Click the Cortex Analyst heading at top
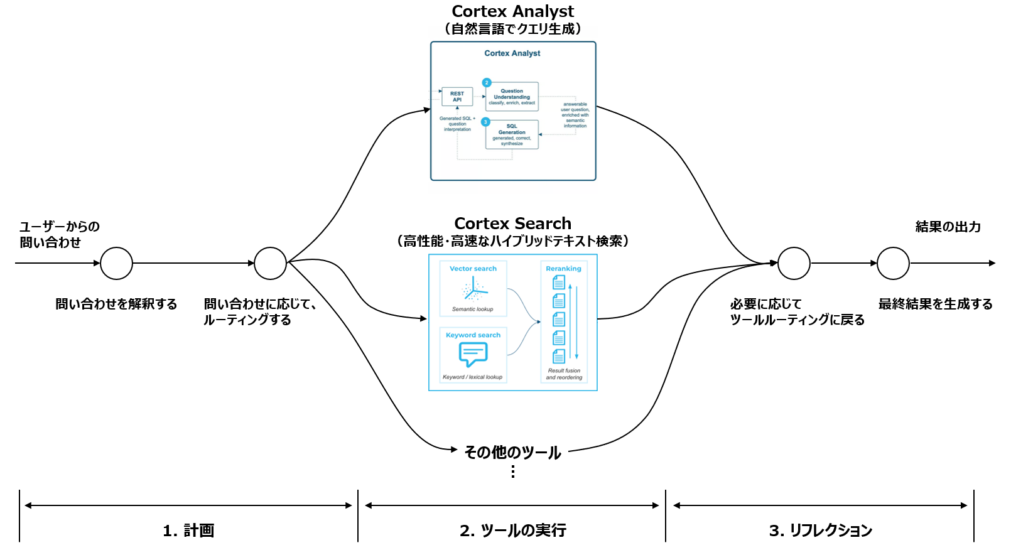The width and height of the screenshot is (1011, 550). pyautogui.click(x=512, y=11)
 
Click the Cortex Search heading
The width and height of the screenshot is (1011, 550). pyautogui.click(x=512, y=224)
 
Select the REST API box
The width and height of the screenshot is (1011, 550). pyautogui.click(x=457, y=97)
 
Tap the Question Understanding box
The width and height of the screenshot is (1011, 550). pyautogui.click(x=512, y=97)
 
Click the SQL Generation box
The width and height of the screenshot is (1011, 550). pyautogui.click(x=512, y=134)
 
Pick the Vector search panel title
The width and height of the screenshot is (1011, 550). pyautogui.click(x=473, y=269)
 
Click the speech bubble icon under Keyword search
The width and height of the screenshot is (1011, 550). pyautogui.click(x=473, y=355)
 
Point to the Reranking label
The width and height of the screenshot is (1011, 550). pyautogui.click(x=563, y=269)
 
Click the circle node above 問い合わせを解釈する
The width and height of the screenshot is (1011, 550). pyautogui.click(x=117, y=263)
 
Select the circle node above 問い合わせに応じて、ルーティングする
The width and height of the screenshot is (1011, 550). pyautogui.click(x=271, y=263)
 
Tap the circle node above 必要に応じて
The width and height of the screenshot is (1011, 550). pyautogui.click(x=794, y=263)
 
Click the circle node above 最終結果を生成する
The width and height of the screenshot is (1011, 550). pyautogui.click(x=893, y=263)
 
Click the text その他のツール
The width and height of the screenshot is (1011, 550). pyautogui.click(x=512, y=453)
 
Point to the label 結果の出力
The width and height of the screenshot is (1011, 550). pyautogui.click(x=948, y=227)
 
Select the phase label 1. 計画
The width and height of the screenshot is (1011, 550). pyautogui.click(x=188, y=531)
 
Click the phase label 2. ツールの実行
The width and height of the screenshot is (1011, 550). pyautogui.click(x=512, y=531)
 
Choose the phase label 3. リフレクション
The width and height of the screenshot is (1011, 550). pyautogui.click(x=820, y=531)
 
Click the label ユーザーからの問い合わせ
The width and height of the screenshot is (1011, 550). pyautogui.click(x=59, y=234)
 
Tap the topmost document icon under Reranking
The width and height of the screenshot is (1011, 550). pyautogui.click(x=559, y=283)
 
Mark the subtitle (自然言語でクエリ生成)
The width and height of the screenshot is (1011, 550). pyautogui.click(x=512, y=29)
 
